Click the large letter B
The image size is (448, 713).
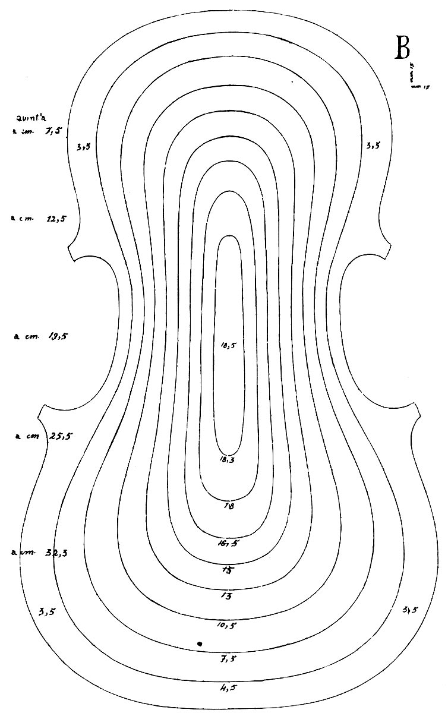point(402,49)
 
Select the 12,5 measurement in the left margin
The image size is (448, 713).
point(55,219)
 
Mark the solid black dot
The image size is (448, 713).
point(200,643)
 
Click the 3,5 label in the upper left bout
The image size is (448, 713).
point(83,146)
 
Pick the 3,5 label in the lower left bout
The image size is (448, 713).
point(47,612)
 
